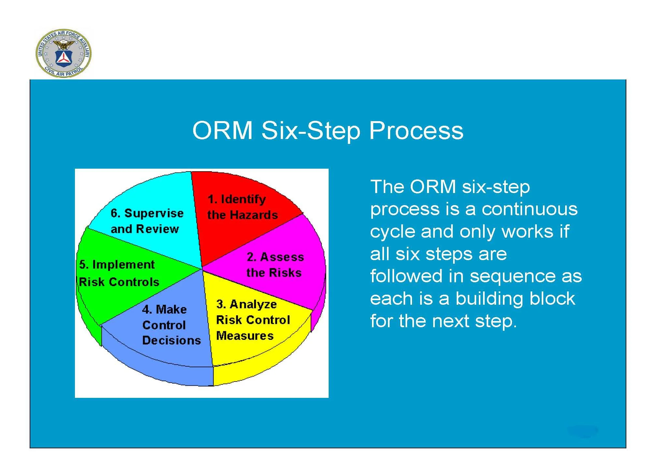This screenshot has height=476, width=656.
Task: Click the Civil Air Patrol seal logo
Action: click(x=63, y=53)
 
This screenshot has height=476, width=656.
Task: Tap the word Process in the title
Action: click(x=416, y=131)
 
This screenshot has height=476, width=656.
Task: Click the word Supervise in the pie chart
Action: click(x=154, y=213)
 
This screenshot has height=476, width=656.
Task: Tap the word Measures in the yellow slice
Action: click(x=245, y=336)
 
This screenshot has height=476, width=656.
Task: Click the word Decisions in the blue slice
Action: click(x=172, y=340)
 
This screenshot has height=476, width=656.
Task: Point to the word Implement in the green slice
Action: click(x=123, y=264)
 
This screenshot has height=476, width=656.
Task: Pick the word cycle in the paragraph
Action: click(x=392, y=231)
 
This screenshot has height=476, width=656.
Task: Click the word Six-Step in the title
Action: click(x=311, y=131)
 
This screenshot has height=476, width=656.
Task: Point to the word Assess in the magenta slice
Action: click(x=282, y=257)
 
